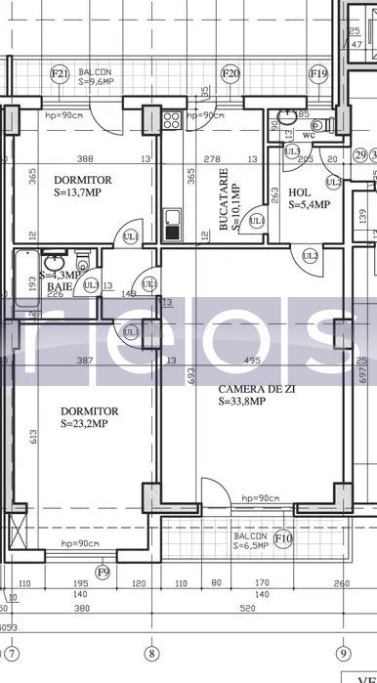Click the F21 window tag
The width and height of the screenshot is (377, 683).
click(60, 73)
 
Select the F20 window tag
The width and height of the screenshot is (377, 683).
click(230, 73)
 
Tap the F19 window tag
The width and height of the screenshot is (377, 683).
click(317, 73)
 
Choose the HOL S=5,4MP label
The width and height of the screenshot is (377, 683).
click(309, 198)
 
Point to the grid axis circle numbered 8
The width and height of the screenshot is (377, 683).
click(150, 654)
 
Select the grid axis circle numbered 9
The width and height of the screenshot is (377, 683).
click(342, 654)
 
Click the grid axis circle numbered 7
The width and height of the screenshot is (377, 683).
click(12, 654)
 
